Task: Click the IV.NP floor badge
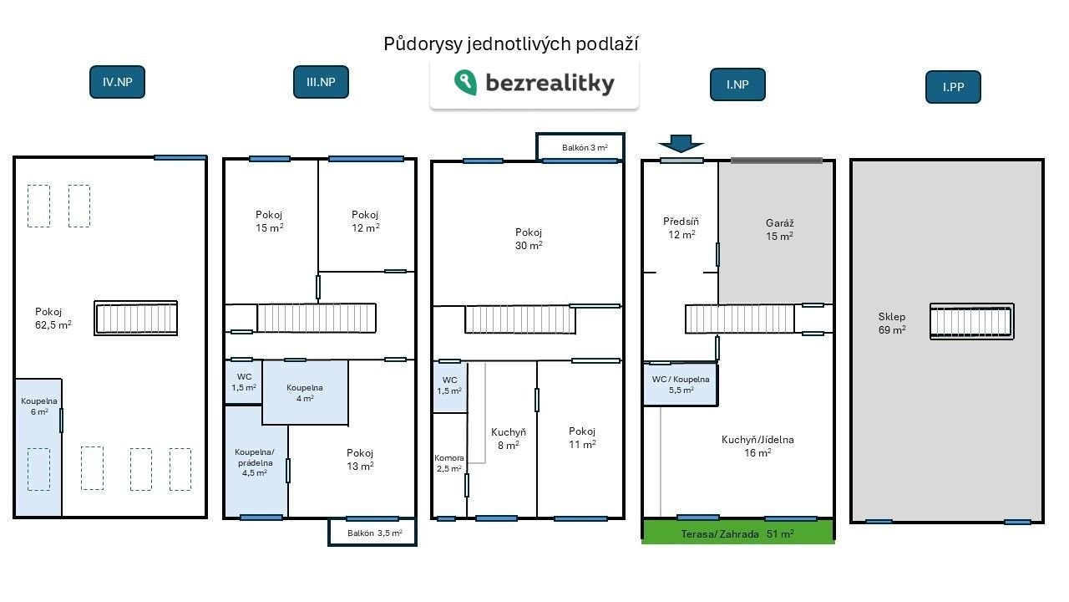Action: click(117, 82)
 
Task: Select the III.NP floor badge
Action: click(321, 82)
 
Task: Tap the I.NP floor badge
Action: click(737, 84)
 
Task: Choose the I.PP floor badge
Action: click(953, 87)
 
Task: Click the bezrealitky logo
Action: click(534, 84)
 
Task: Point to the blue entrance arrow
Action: click(681, 143)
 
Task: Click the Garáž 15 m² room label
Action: click(779, 229)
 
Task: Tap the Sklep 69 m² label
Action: click(892, 323)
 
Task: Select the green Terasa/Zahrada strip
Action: click(738, 532)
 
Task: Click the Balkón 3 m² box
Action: click(580, 147)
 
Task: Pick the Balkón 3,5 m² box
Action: click(372, 533)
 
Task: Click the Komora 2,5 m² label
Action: click(449, 463)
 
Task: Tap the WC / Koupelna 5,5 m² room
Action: click(681, 385)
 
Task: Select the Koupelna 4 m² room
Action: click(305, 392)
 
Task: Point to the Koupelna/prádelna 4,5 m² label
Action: click(255, 462)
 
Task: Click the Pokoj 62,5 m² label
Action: click(53, 319)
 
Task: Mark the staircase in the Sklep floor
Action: click(971, 322)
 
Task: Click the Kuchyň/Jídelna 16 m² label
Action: click(757, 446)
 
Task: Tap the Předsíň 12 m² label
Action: click(681, 228)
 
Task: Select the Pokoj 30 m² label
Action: click(529, 239)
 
